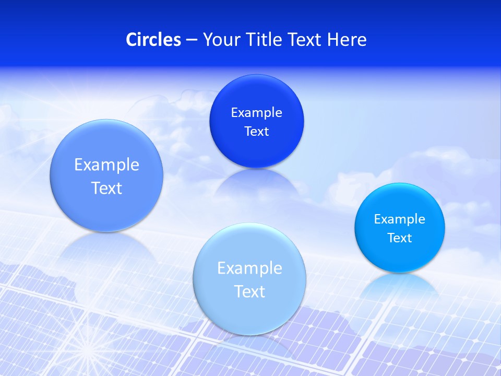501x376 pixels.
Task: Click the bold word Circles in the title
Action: pos(153,40)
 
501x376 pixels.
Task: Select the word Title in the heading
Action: pos(265,40)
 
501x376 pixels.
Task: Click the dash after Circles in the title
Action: pos(192,40)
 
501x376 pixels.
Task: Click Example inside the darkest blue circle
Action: pos(256,113)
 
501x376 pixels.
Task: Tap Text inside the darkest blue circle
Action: pos(256,132)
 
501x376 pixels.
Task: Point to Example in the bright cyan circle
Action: pos(400,219)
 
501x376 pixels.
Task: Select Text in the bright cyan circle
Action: pos(400,238)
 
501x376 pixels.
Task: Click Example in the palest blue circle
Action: pos(249,268)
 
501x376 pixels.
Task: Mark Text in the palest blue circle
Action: pos(249,291)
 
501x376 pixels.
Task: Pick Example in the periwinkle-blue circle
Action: pos(106,165)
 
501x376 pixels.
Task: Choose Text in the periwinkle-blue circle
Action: pos(106,188)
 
